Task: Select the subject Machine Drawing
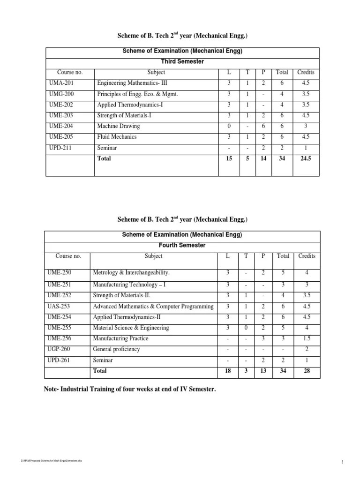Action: [118, 126]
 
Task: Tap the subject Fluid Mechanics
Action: [117, 137]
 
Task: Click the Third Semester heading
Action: [182, 61]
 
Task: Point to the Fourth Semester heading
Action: [182, 245]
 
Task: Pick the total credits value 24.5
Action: [305, 159]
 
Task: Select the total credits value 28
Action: [306, 371]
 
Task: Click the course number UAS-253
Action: [59, 307]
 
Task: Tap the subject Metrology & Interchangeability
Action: [131, 272]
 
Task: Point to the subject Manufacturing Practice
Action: [120, 338]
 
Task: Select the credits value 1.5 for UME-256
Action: [306, 338]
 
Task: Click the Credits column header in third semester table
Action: [305, 72]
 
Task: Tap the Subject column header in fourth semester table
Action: [154, 256]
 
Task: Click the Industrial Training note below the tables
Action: [130, 389]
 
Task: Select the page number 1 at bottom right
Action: [343, 463]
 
